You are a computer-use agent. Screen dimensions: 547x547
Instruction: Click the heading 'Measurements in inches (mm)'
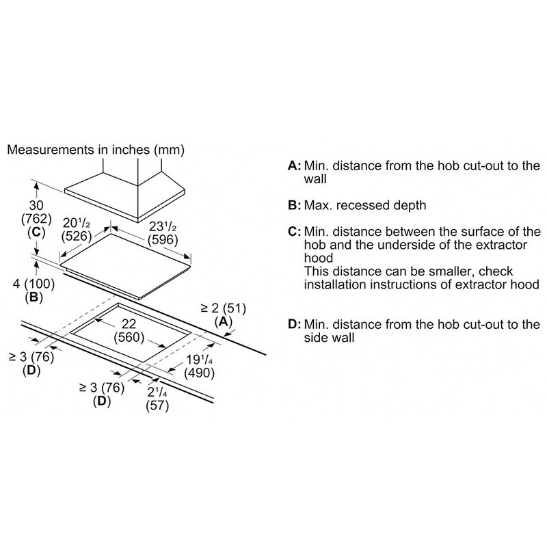click(x=96, y=150)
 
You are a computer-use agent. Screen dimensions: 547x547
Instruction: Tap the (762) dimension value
click(x=36, y=219)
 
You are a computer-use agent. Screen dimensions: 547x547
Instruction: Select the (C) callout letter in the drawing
click(x=36, y=232)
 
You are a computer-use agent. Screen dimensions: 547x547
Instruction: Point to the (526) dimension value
click(x=77, y=236)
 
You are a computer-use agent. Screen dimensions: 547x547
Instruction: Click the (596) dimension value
click(x=163, y=240)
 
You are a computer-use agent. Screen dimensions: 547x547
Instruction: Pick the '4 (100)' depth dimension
click(x=34, y=284)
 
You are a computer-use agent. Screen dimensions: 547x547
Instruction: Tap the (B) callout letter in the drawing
click(x=34, y=297)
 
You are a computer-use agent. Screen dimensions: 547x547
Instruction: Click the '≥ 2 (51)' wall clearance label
click(x=224, y=308)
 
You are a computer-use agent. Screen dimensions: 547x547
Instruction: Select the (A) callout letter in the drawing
click(x=224, y=321)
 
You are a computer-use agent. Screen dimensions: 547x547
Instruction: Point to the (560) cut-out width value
click(x=129, y=337)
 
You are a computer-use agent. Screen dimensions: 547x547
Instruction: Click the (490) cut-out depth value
click(x=199, y=373)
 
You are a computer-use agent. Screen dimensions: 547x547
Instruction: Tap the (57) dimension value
click(x=157, y=405)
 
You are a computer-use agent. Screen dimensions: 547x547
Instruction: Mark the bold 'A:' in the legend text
click(x=294, y=165)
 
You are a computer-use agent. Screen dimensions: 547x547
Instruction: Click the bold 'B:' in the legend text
click(x=294, y=206)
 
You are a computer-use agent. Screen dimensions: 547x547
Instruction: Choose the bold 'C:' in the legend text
click(x=294, y=232)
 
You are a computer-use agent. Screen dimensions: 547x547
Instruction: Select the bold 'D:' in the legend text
click(x=294, y=324)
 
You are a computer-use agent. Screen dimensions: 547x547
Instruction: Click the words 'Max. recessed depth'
click(x=365, y=206)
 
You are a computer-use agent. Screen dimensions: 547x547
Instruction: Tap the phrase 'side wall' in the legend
click(x=329, y=338)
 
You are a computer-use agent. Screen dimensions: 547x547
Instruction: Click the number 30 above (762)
click(x=36, y=206)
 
